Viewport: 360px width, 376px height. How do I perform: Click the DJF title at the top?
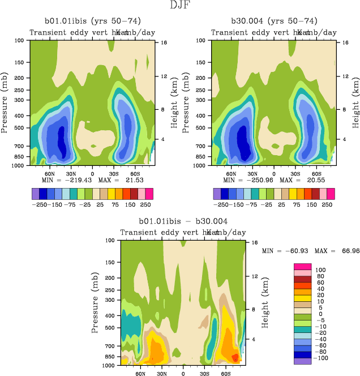click(x=179, y=6)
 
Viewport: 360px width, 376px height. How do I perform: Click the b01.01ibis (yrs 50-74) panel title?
click(x=92, y=21)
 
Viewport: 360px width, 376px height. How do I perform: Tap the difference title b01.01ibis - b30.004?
click(x=183, y=221)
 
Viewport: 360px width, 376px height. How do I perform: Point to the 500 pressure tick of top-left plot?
click(x=22, y=128)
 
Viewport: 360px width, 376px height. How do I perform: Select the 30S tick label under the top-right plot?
click(x=294, y=174)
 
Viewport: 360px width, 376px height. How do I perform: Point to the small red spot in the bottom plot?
click(x=234, y=357)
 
